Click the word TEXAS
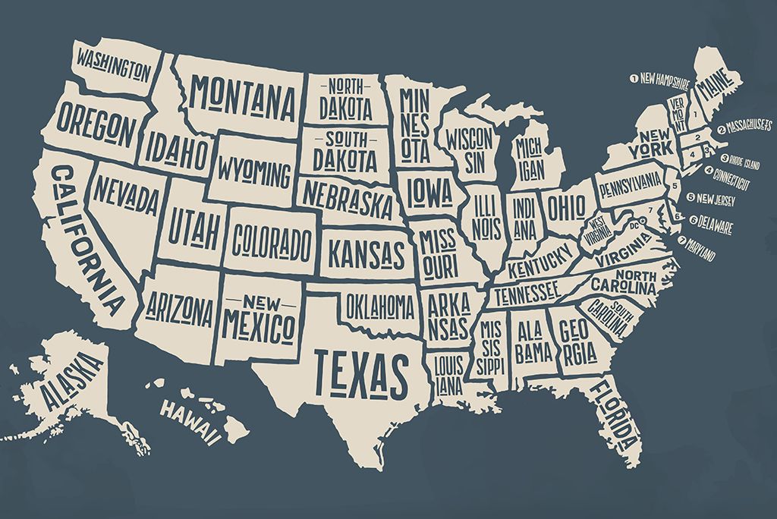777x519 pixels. [361, 374]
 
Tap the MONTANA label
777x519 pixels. [243, 95]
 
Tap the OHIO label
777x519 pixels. [567, 206]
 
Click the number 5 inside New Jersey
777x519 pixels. [671, 185]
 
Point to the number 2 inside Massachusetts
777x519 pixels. [697, 138]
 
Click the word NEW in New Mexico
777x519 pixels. [258, 302]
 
